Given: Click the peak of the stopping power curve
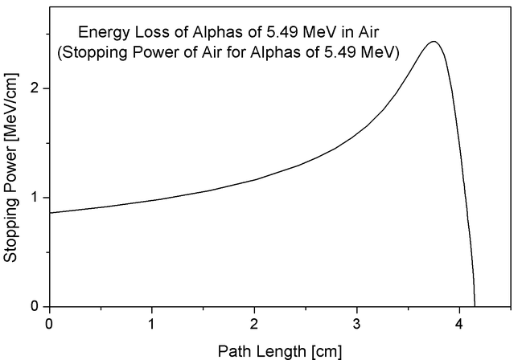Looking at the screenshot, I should point(434,42).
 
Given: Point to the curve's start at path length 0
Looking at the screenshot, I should point(50,213).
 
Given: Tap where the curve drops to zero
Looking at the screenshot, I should point(475,306).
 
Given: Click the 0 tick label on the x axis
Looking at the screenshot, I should point(50,323).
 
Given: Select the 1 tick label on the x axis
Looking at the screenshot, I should point(152,323).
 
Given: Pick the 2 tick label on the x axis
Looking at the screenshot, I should point(255,323).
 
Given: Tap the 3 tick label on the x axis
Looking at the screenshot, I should point(357,323).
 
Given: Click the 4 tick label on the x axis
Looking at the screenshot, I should point(459,323).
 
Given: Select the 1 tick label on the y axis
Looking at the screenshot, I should point(36,198).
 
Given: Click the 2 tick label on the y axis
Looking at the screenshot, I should point(36,88).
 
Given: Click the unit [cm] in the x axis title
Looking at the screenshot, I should point(326,350).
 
